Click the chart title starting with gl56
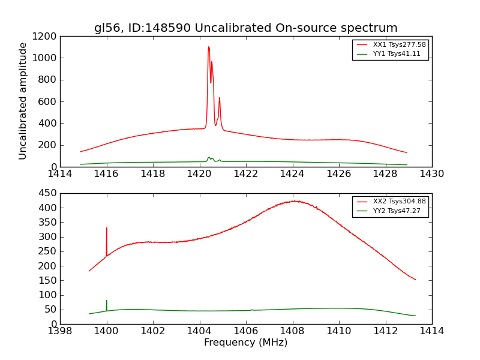click(245, 28)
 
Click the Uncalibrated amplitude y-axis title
click(23, 101)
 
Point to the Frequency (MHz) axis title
click(245, 343)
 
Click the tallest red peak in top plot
click(208, 47)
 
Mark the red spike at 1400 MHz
click(107, 229)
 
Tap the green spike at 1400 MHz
click(107, 301)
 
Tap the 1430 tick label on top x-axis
click(431, 174)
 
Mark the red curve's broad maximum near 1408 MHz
click(294, 202)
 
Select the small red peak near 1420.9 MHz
click(220, 98)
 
